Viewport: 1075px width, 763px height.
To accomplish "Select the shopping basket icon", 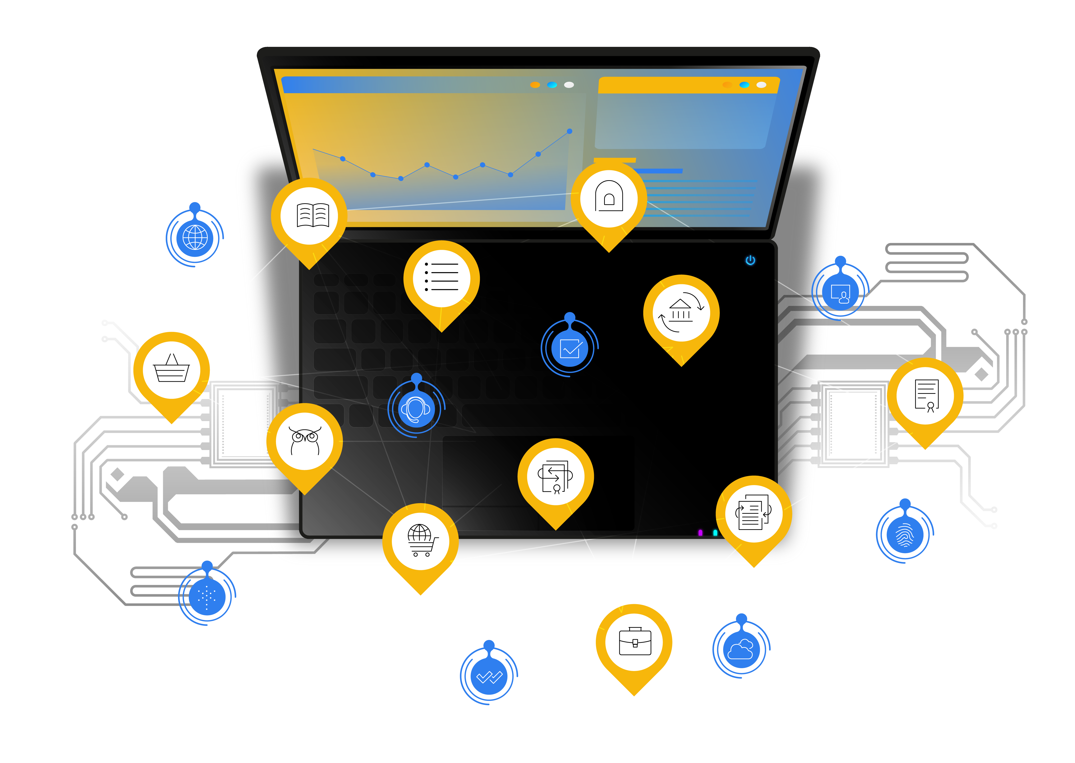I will click(x=171, y=369).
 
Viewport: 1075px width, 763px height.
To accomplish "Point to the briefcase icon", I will click(x=634, y=641).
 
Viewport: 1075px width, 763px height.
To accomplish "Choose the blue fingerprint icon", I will click(x=905, y=535).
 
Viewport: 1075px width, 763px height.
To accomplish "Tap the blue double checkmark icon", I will click(x=489, y=676).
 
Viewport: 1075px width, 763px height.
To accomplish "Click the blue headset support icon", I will click(x=416, y=409).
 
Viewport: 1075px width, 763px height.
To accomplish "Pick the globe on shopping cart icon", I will click(x=421, y=540).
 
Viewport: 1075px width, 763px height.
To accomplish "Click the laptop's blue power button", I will click(x=750, y=260).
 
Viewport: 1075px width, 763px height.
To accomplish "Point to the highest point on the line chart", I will click(x=570, y=131).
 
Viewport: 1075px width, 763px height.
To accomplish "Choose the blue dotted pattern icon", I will click(x=207, y=596).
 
